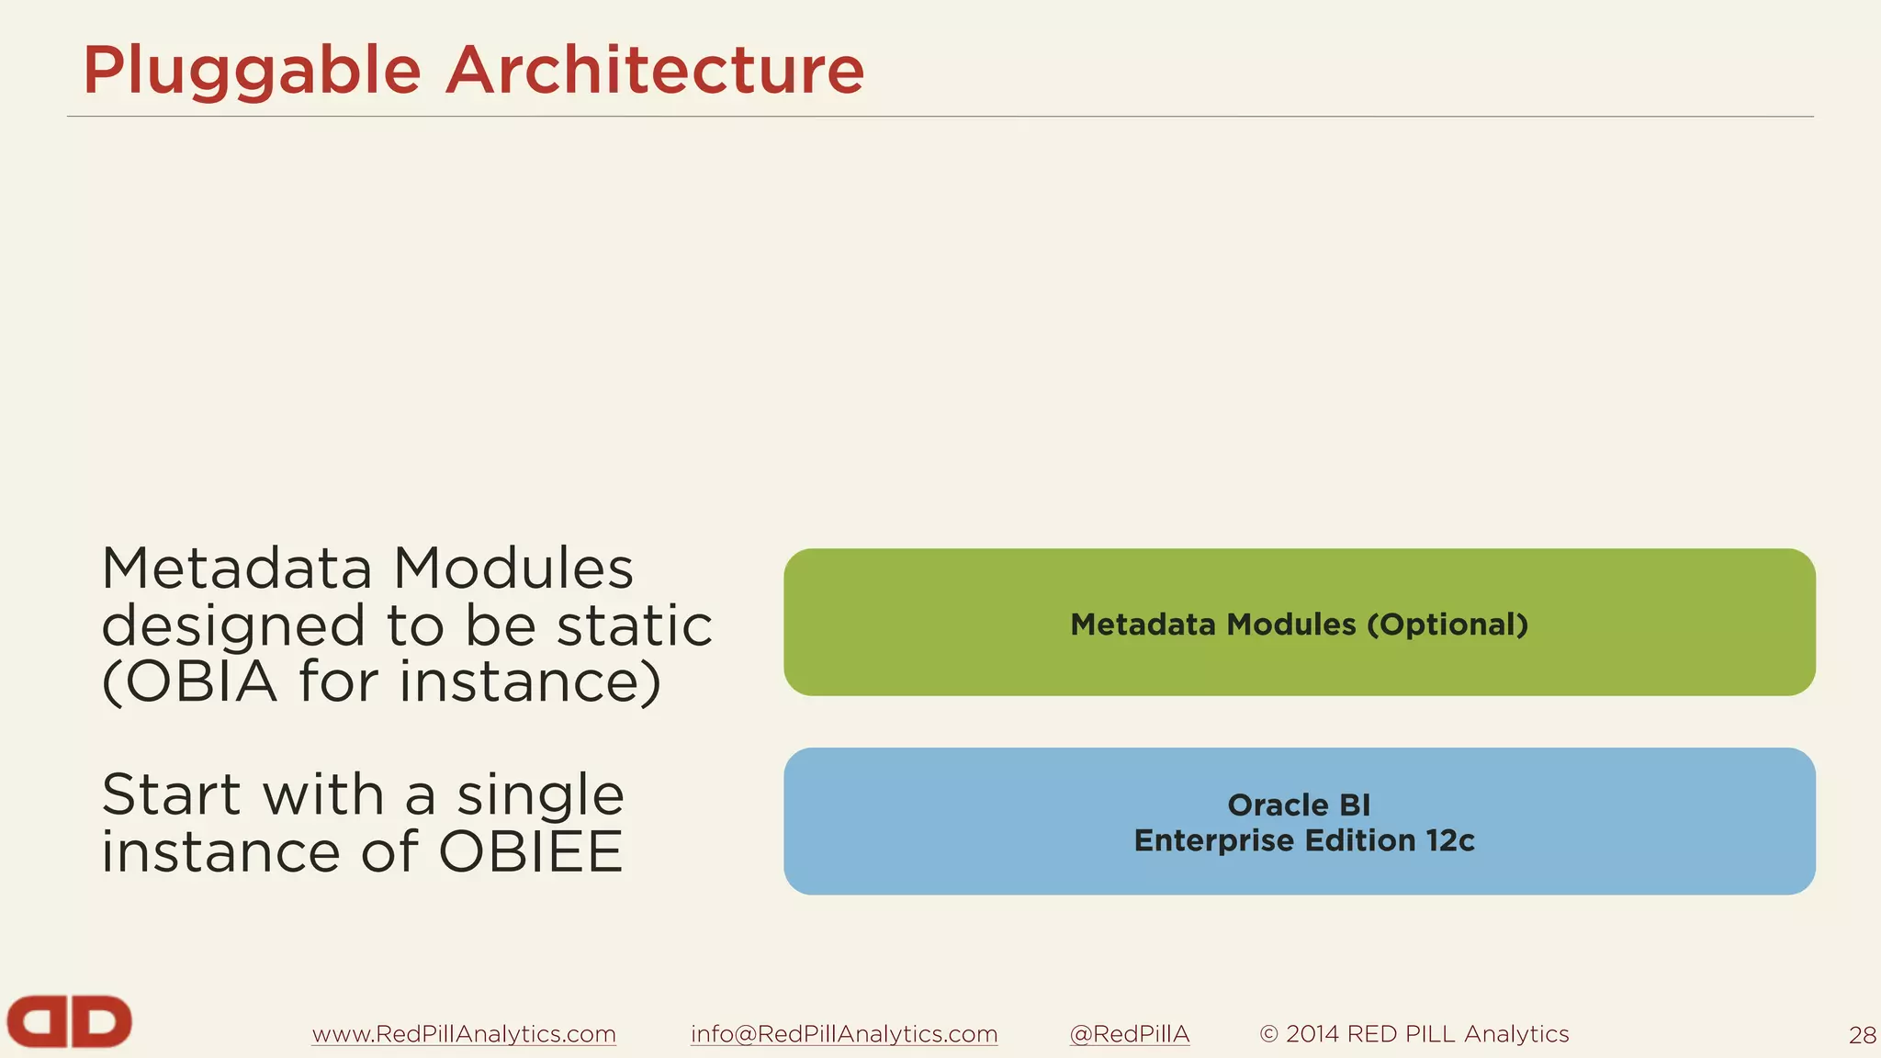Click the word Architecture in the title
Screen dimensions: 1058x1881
coord(654,71)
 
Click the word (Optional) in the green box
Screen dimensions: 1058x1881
coord(1447,625)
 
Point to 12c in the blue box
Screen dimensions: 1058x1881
coord(1449,840)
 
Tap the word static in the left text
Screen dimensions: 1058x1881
coord(635,626)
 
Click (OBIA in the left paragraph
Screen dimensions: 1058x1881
coord(189,682)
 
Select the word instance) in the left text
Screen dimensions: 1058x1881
coord(530,682)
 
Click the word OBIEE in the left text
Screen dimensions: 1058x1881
coord(530,852)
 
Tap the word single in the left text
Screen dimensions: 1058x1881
coord(541,794)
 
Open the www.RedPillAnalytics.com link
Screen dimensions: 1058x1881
coord(464,1034)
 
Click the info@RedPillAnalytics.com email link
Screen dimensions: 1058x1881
coord(844,1034)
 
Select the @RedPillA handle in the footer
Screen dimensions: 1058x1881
coord(1130,1034)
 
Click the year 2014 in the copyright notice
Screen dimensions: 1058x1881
coord(1312,1034)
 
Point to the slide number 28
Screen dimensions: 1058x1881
coord(1862,1036)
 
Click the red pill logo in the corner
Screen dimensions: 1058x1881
coord(69,1021)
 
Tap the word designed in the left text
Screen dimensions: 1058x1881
coord(233,626)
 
